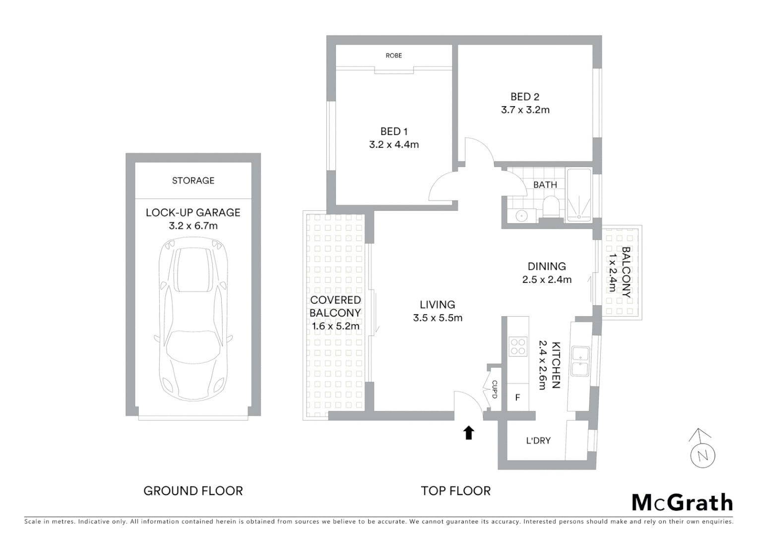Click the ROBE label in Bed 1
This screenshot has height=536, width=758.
click(x=393, y=56)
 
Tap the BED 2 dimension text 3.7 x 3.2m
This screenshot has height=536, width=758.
click(x=525, y=110)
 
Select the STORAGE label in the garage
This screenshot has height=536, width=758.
click(x=193, y=181)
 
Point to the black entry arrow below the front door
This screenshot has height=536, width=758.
click(x=468, y=433)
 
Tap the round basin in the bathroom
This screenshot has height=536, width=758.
click(x=520, y=215)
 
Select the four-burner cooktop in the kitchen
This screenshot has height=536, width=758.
click(x=518, y=346)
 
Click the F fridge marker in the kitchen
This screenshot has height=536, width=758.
click(x=517, y=398)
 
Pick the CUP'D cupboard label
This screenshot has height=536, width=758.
click(x=494, y=390)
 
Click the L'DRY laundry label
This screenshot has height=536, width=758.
click(x=538, y=441)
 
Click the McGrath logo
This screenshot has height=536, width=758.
click(x=682, y=502)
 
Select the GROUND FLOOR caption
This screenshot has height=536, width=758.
click(x=193, y=491)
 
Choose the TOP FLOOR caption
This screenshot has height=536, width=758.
click(x=455, y=491)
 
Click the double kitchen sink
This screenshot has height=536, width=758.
click(x=580, y=361)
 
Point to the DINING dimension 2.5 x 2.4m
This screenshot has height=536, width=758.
click(x=547, y=280)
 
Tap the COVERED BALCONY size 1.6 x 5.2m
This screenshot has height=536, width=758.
click(x=335, y=327)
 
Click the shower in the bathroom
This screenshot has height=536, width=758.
click(x=579, y=195)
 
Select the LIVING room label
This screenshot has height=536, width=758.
click(x=437, y=305)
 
